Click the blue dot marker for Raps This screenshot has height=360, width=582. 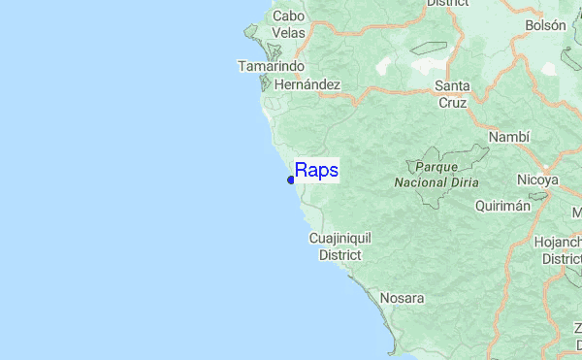click(x=291, y=180)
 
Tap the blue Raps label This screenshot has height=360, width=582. click(x=316, y=171)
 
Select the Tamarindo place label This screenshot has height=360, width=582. click(x=272, y=66)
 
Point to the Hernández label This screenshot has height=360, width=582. click(x=307, y=84)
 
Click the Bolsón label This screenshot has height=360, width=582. click(x=545, y=25)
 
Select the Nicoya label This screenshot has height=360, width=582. click(x=536, y=180)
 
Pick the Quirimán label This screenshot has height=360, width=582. click(x=503, y=206)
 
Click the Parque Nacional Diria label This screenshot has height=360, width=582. click(x=435, y=174)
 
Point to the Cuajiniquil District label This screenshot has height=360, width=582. click(x=339, y=246)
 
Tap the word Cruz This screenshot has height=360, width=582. click(x=452, y=102)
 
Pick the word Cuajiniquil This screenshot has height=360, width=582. click(x=339, y=238)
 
